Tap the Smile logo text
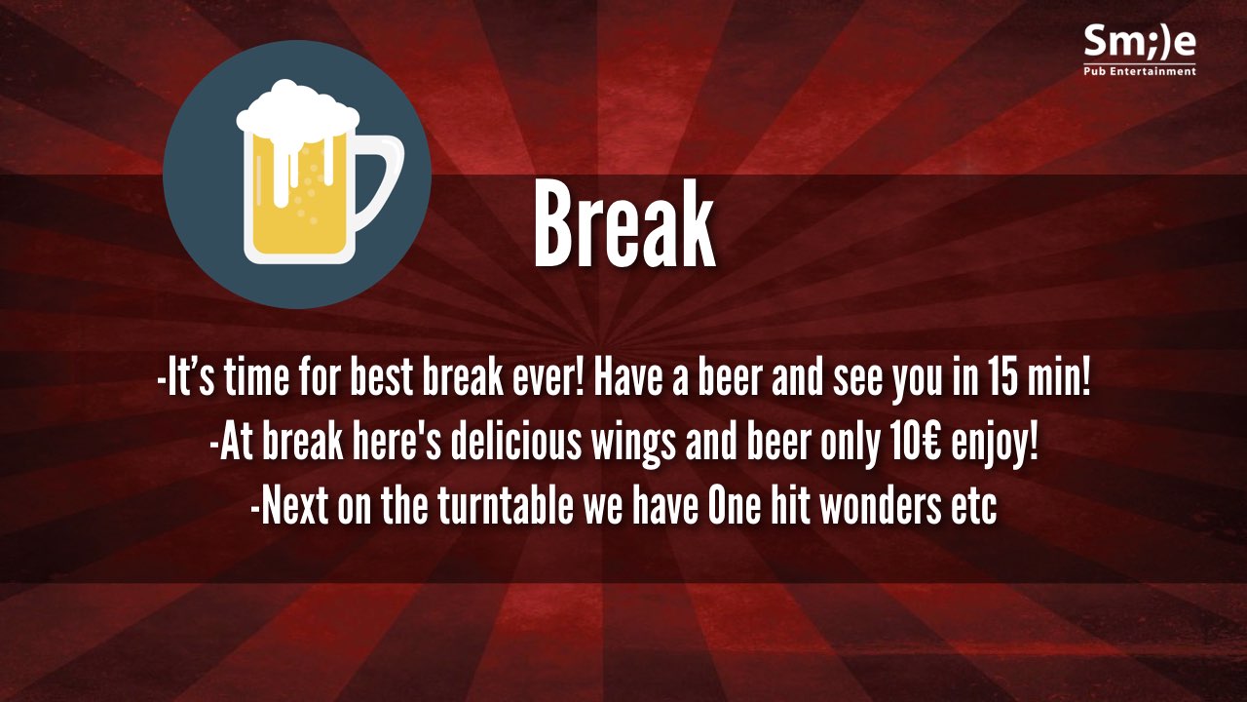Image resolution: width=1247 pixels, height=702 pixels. point(1140,41)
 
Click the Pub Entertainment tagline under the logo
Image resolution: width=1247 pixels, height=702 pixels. point(1140,71)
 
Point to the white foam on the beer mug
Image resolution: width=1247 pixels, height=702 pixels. point(297,120)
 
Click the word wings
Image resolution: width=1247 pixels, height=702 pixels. point(633,447)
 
